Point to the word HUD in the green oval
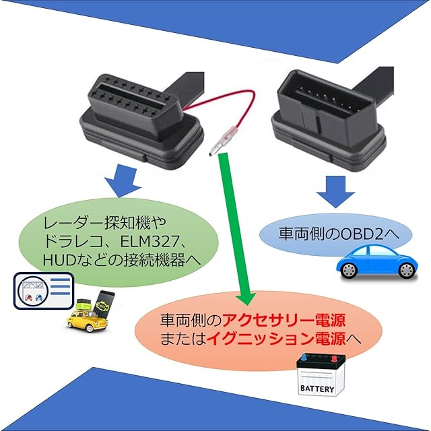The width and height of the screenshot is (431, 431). [x=57, y=260]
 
